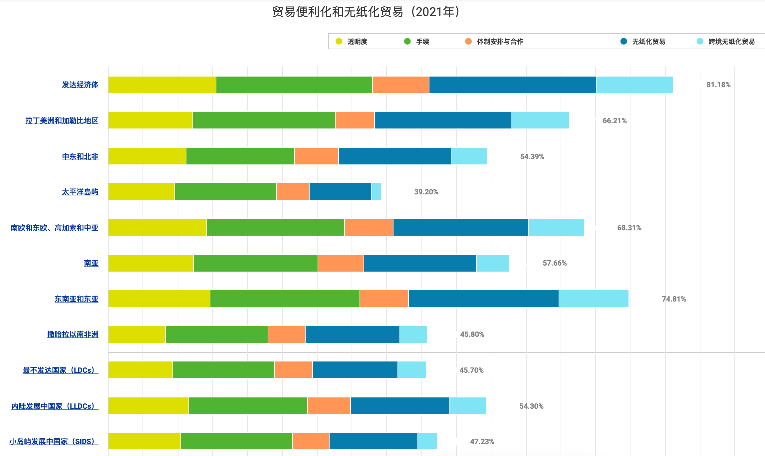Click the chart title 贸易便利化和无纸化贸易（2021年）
(366, 12)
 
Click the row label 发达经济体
(80, 85)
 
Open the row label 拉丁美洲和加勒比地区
(62, 120)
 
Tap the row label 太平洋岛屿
(80, 192)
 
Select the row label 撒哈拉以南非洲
(73, 335)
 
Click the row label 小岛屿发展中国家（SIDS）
(54, 442)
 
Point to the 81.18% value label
(718, 85)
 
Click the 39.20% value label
(426, 192)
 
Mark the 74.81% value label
(674, 299)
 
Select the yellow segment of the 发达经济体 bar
(162, 85)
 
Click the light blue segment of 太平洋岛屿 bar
(376, 191)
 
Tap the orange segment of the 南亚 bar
(341, 263)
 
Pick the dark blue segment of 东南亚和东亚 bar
(484, 299)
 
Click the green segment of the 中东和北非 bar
(240, 156)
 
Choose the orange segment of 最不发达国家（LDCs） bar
(294, 370)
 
